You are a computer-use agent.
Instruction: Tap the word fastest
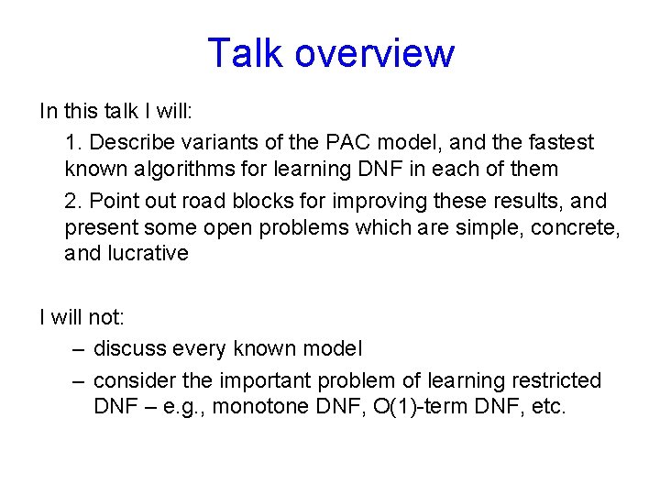tap(561, 143)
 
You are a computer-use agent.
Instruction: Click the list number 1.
tap(72, 143)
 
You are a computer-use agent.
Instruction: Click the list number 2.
tap(72, 201)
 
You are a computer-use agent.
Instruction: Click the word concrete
tap(579, 227)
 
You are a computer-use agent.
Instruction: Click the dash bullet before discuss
tap(78, 349)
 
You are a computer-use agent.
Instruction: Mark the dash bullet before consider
tap(78, 380)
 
